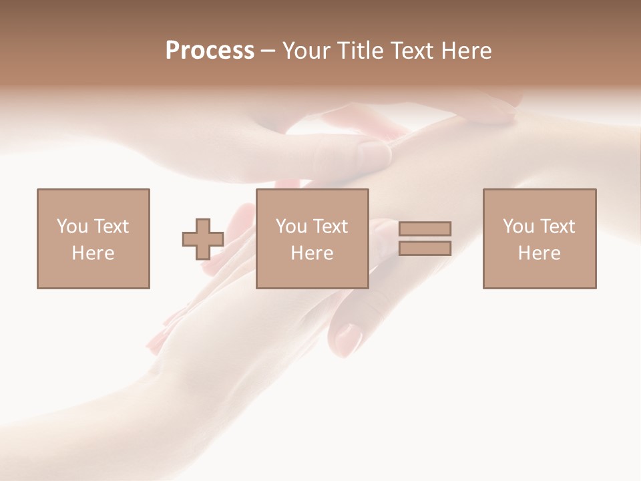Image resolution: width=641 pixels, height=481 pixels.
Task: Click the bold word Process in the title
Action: click(210, 51)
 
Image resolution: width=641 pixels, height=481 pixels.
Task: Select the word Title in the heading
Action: click(361, 51)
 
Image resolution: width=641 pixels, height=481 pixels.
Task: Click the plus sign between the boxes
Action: click(203, 239)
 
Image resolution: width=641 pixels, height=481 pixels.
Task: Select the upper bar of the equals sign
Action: click(425, 228)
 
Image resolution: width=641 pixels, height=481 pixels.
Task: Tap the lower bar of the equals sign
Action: click(425, 249)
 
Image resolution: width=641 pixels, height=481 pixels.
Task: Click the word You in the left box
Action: click(73, 226)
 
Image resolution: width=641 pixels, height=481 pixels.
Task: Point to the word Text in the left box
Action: click(111, 226)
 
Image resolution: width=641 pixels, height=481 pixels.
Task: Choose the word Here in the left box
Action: click(93, 253)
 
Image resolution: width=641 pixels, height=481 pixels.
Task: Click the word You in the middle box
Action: click(292, 226)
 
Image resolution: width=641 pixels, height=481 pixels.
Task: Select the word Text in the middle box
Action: click(330, 226)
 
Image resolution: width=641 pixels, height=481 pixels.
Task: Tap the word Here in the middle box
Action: click(312, 253)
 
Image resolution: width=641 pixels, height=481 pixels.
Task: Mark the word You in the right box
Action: click(519, 226)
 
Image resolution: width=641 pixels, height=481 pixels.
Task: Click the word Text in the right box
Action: click(557, 226)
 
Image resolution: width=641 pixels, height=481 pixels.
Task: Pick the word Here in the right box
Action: click(539, 253)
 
